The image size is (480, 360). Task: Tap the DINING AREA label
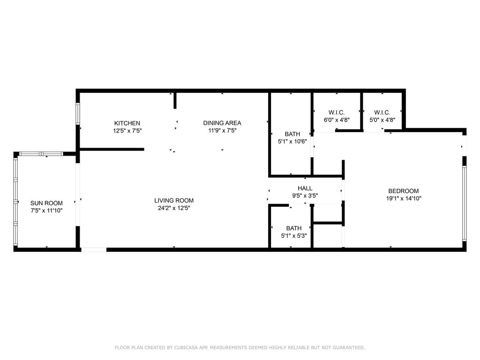(222, 123)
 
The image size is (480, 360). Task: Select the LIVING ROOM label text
(174, 201)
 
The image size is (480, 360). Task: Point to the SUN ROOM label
(46, 203)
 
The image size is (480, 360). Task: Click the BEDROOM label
(403, 191)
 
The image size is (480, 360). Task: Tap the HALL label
(305, 188)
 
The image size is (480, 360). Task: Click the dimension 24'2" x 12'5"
(174, 208)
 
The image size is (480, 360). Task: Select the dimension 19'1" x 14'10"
(403, 198)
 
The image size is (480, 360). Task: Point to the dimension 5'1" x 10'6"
(292, 142)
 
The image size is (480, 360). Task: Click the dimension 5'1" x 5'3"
(294, 236)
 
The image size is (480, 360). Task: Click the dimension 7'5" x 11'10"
(46, 210)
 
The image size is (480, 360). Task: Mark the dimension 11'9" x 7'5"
(222, 131)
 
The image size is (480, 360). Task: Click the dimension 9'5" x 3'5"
(305, 196)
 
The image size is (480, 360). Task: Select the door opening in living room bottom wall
(94, 249)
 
